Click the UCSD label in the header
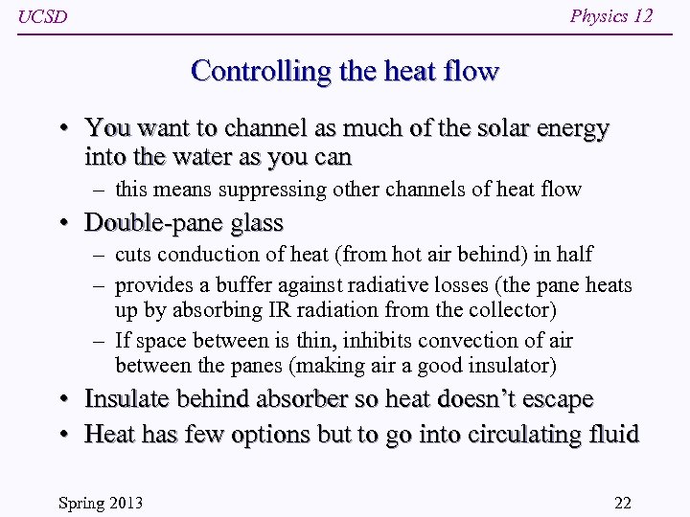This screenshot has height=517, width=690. [43, 17]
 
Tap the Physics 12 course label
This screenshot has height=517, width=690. [610, 15]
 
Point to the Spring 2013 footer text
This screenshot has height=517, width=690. [100, 502]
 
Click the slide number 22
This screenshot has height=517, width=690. [622, 502]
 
